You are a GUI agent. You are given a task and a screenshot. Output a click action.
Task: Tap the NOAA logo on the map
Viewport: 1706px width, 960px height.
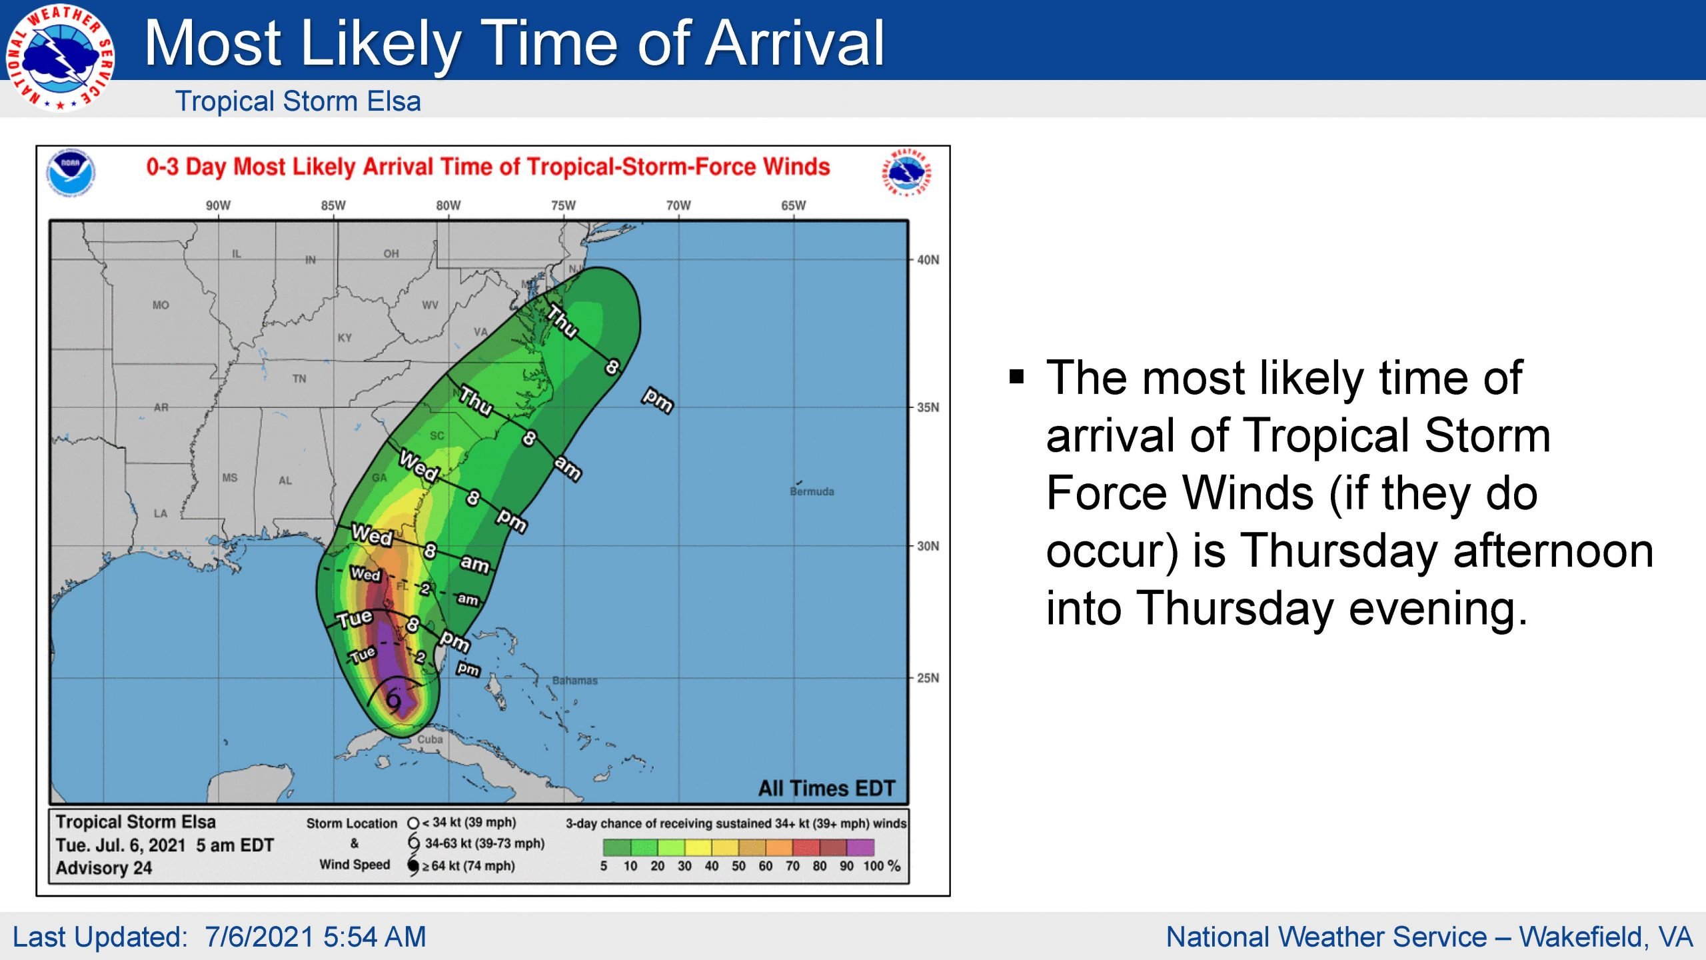click(x=71, y=173)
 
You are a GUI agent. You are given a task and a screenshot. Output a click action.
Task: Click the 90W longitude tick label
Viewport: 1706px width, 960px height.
click(x=218, y=205)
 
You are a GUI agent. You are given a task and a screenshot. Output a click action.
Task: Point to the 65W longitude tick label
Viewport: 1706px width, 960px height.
click(x=793, y=205)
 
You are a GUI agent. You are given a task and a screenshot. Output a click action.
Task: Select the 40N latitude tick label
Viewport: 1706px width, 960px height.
click(x=928, y=260)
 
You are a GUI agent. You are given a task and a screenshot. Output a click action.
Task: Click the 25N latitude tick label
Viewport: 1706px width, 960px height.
click(x=928, y=678)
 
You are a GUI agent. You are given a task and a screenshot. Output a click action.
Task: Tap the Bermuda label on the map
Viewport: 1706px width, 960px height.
click(x=812, y=491)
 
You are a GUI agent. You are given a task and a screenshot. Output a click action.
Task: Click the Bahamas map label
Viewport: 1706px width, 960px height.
click(x=574, y=681)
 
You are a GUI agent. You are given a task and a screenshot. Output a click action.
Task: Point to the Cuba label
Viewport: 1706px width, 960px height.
click(x=430, y=739)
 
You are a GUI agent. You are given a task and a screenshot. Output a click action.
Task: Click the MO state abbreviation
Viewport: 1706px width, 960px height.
click(x=161, y=305)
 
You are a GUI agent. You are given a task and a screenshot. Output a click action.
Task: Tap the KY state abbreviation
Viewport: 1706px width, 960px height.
click(x=345, y=338)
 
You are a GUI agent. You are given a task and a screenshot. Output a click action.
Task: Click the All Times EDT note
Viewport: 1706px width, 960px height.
click(x=826, y=789)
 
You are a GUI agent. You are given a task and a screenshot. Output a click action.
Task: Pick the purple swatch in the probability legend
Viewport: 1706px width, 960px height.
click(x=860, y=847)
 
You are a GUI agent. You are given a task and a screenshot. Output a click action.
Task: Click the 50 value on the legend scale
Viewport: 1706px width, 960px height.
click(x=738, y=866)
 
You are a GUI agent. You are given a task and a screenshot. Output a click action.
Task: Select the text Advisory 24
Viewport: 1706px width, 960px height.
click(x=104, y=868)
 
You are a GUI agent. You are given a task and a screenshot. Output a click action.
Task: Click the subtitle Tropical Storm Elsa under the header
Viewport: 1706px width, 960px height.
click(x=298, y=101)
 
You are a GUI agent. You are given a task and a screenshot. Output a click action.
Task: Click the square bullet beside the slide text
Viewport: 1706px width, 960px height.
click(x=1016, y=377)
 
